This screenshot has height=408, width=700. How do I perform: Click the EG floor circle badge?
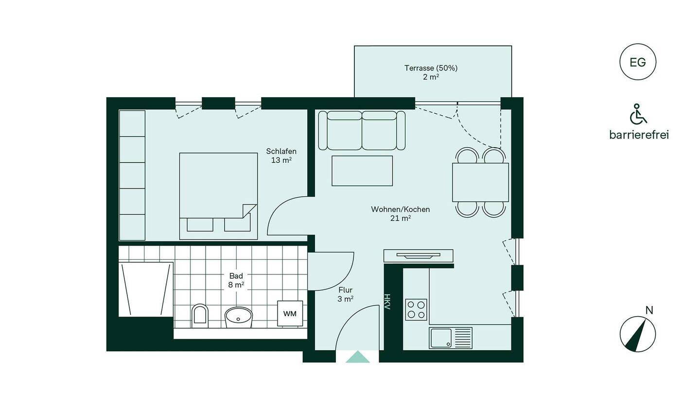(637, 62)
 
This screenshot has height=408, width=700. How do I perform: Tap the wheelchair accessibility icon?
(638, 114)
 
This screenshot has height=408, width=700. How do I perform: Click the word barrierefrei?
(639, 135)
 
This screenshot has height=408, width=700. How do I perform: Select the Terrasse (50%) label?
(431, 68)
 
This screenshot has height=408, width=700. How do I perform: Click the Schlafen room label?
(281, 151)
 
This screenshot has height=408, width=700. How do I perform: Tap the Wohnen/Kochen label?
(401, 209)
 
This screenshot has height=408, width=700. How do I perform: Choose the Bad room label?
(236, 276)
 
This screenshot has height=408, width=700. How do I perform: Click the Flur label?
(345, 290)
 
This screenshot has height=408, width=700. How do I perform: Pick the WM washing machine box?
(290, 313)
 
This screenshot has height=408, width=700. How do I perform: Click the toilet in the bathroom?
(200, 316)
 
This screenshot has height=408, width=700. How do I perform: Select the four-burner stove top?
(416, 309)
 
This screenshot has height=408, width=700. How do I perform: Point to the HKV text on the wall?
(387, 302)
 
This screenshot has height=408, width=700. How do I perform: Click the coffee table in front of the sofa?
(362, 171)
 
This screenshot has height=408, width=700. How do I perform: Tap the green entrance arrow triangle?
(357, 357)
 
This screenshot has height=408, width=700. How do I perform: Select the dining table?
(480, 182)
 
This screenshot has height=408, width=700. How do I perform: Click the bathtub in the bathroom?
(146, 289)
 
